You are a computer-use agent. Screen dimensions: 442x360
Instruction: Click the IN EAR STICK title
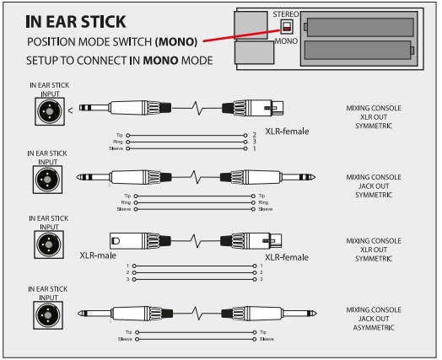pos(76,22)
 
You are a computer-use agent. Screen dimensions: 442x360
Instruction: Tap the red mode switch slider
pos(287,29)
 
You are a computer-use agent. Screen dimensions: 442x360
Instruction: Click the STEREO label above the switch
pos(286,14)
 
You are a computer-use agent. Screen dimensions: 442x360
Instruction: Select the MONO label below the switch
pos(286,41)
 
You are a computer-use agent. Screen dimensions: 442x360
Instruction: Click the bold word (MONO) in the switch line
pos(176,41)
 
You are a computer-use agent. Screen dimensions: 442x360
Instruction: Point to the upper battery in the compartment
pos(360,27)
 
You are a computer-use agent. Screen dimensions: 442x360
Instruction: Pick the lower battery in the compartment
pos(358,50)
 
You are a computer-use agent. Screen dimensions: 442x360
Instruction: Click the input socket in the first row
pos(50,111)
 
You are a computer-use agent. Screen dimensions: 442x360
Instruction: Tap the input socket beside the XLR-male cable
pos(49,244)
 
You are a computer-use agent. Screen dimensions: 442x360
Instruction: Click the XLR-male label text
pos(98,255)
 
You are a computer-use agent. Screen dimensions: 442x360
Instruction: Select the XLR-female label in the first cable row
pos(287,132)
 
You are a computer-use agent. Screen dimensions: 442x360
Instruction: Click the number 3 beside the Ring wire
pos(254,142)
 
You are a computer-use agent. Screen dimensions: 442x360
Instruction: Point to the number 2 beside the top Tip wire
pos(254,135)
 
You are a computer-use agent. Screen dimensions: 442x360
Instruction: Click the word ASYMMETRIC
pos(374,328)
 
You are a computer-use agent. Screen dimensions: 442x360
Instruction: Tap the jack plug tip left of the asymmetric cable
pos(80,314)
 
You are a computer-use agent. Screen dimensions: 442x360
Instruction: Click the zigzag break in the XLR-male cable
pos(196,241)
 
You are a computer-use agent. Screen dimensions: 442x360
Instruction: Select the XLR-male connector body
pos(140,241)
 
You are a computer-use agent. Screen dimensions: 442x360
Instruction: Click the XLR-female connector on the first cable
pos(252,108)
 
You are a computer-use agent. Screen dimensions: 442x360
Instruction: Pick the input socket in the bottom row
pos(48,315)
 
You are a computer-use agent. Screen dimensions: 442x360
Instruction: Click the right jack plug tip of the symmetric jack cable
pos(313,177)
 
